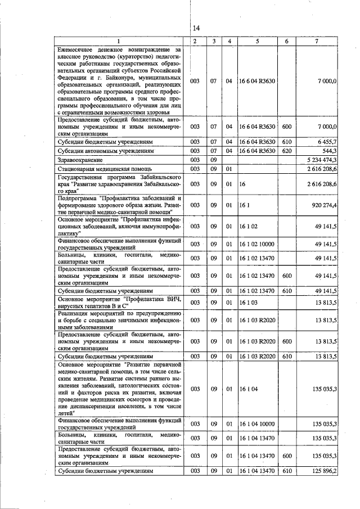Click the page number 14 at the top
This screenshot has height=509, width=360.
point(196,29)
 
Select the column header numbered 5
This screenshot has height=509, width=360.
point(256,42)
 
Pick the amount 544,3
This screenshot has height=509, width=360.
point(328,151)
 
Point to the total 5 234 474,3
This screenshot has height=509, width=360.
point(320,160)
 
